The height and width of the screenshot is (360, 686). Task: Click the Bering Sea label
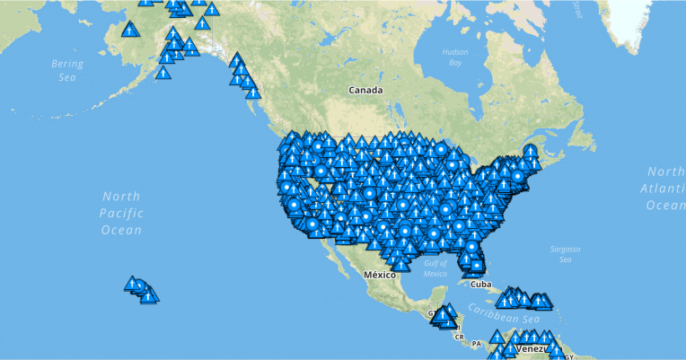point(68,71)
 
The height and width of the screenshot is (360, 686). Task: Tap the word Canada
point(366,91)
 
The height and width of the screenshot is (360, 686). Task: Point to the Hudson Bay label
point(455,57)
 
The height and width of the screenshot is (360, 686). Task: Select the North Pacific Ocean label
point(122,213)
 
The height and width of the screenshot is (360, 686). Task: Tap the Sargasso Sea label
point(567,254)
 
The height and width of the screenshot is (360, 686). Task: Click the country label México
point(379,275)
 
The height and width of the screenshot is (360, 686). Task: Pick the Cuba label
point(481,285)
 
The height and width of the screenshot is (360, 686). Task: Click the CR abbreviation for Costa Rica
point(459,337)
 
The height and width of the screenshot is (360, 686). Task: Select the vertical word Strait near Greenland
point(576,10)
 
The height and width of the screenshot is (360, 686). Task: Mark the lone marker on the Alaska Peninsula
point(163,73)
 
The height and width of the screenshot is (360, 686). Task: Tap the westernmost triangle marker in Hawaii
point(132,284)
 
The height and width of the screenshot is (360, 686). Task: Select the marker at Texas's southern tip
point(400,264)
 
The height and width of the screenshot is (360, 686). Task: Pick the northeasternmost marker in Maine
point(531,150)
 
